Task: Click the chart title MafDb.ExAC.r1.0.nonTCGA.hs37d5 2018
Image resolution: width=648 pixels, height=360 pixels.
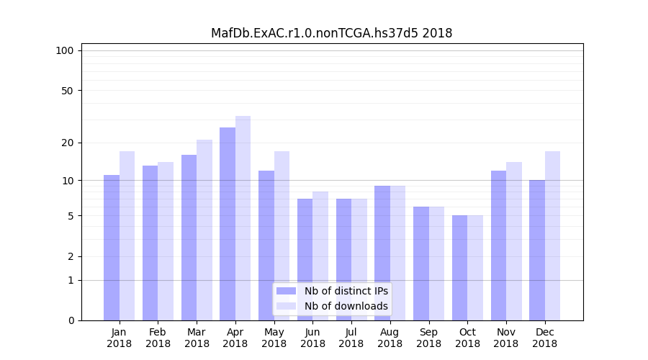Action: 331,33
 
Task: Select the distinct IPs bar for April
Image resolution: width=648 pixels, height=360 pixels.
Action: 228,224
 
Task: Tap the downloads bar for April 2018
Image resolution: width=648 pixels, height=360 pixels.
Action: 243,218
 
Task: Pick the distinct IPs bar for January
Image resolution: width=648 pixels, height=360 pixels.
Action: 112,248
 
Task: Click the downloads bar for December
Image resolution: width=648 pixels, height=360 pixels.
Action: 552,235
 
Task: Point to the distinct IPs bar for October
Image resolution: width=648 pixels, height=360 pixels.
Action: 459,268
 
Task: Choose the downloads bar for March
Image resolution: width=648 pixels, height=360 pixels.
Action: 204,230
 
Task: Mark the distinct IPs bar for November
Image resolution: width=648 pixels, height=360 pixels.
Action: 498,246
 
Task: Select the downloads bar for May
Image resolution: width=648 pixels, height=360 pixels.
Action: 282,235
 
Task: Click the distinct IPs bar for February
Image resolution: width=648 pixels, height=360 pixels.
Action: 150,243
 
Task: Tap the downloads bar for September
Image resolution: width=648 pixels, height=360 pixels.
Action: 436,264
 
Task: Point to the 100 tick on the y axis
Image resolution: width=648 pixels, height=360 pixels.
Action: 65,50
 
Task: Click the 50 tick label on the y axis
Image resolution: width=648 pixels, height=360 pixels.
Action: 67,91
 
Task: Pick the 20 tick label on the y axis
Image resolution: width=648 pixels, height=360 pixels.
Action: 67,143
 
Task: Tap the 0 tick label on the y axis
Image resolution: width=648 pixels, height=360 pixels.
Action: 71,320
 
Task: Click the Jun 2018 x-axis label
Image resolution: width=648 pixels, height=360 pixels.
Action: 312,338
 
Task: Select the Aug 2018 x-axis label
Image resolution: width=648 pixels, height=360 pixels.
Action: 390,338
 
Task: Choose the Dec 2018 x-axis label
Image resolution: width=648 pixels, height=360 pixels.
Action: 544,338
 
